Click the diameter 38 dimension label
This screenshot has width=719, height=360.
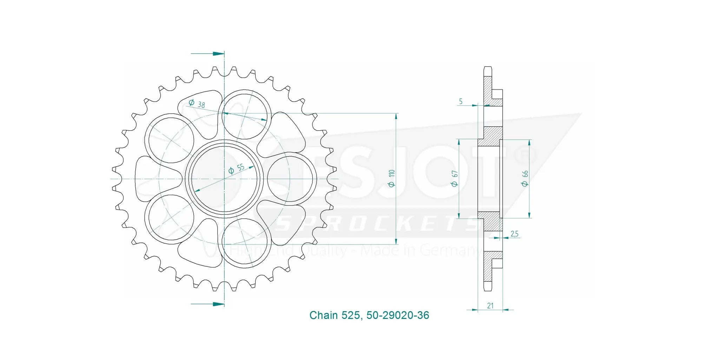pyautogui.click(x=197, y=103)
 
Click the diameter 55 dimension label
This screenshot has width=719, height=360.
pyautogui.click(x=236, y=169)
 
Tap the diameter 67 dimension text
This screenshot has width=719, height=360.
pyautogui.click(x=455, y=178)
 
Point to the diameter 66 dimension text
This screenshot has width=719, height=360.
pyautogui.click(x=525, y=178)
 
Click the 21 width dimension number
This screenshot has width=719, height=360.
pyautogui.click(x=490, y=306)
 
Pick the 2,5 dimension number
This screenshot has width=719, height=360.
pyautogui.click(x=514, y=234)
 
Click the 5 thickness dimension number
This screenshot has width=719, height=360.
pyautogui.click(x=461, y=102)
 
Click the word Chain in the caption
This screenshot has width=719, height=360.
pyautogui.click(x=323, y=315)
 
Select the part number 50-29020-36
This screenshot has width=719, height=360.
pyautogui.click(x=397, y=315)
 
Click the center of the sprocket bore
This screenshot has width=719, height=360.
pyautogui.click(x=224, y=179)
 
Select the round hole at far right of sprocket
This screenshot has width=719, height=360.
pyautogui.click(x=290, y=179)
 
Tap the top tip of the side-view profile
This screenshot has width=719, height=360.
pyautogui.click(x=488, y=68)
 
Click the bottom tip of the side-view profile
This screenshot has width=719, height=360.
pyautogui.click(x=488, y=290)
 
